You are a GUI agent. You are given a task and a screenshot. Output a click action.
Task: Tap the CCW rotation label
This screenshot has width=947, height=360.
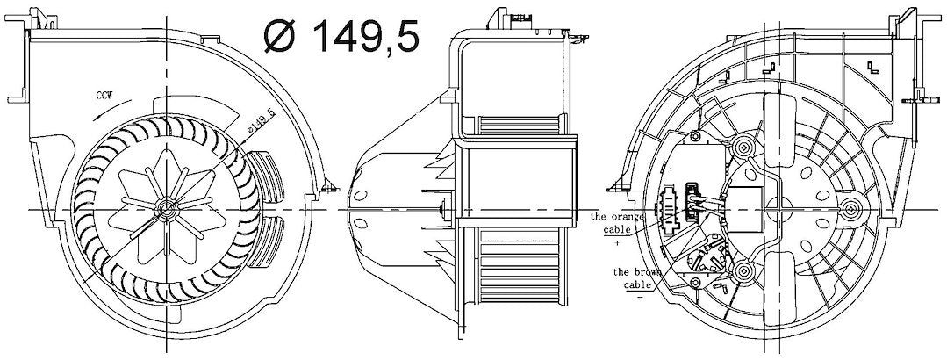pyautogui.click(x=104, y=95)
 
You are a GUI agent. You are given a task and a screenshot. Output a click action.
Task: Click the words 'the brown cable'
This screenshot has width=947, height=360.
pyautogui.click(x=635, y=277)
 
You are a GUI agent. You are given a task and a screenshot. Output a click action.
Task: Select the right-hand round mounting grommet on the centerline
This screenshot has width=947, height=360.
pyautogui.click(x=850, y=208)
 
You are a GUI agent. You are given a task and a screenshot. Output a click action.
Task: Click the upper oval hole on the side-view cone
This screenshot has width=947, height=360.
pyautogui.click(x=362, y=195)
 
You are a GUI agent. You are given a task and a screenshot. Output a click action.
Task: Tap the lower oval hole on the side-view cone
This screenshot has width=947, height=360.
pyautogui.click(x=362, y=222)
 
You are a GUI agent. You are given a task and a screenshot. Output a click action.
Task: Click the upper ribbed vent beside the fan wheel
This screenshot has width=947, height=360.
pyautogui.click(x=264, y=175)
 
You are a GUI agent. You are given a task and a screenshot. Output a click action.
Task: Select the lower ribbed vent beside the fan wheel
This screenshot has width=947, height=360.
pyautogui.click(x=266, y=241)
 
